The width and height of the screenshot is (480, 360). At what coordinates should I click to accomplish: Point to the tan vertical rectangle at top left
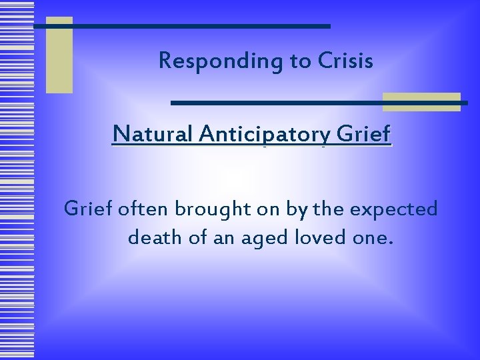(x=59, y=55)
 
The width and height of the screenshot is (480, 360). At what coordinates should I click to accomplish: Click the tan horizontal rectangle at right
(x=421, y=101)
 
